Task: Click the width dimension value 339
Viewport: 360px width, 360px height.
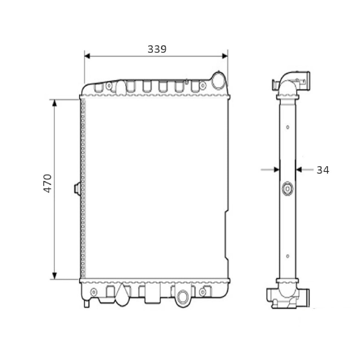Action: [x=157, y=49]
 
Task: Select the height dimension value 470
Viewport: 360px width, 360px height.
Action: [x=48, y=183]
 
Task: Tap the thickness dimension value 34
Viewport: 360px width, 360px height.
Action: [x=323, y=170]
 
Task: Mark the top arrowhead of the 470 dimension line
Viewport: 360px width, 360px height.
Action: [x=54, y=103]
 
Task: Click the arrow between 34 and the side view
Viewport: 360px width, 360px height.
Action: [x=300, y=169]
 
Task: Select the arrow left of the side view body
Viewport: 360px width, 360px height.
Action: [x=275, y=169]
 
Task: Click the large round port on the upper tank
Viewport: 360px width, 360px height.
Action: [x=218, y=81]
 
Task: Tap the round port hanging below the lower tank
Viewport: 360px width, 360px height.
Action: [x=183, y=297]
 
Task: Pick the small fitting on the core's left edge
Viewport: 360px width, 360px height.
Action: [x=77, y=189]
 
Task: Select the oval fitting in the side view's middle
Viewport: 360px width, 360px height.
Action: [x=288, y=189]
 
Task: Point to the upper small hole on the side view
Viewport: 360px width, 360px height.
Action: [x=288, y=127]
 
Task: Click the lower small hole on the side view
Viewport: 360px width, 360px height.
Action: [x=288, y=256]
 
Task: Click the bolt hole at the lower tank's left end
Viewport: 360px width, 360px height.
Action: [x=94, y=292]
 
